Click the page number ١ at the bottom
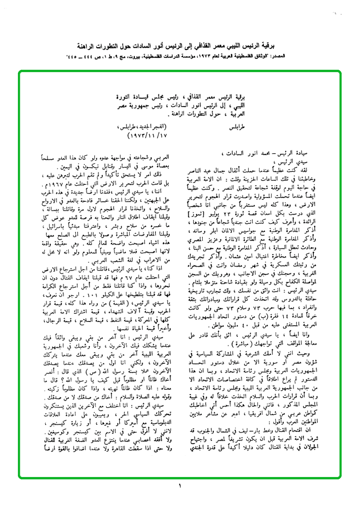click(180, 485)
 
